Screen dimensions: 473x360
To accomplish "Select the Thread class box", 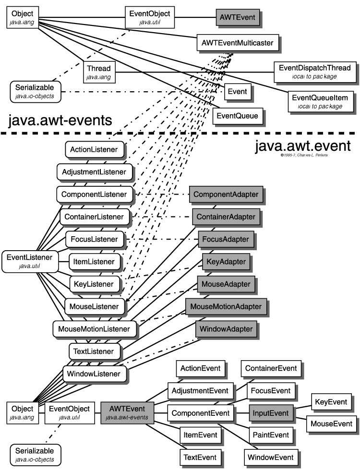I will point(98,72).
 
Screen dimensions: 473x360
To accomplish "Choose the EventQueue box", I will point(237,116).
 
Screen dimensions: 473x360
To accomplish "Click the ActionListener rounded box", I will point(94,150).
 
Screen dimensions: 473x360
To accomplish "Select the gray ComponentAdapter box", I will point(226,195).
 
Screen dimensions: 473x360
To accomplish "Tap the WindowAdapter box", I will point(226,330).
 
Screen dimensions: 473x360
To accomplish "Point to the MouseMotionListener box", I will point(94,329).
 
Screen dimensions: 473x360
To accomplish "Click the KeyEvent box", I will point(330,401).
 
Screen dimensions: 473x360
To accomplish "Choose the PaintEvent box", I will point(270,435).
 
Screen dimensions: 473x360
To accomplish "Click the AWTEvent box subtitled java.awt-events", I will point(127,412).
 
